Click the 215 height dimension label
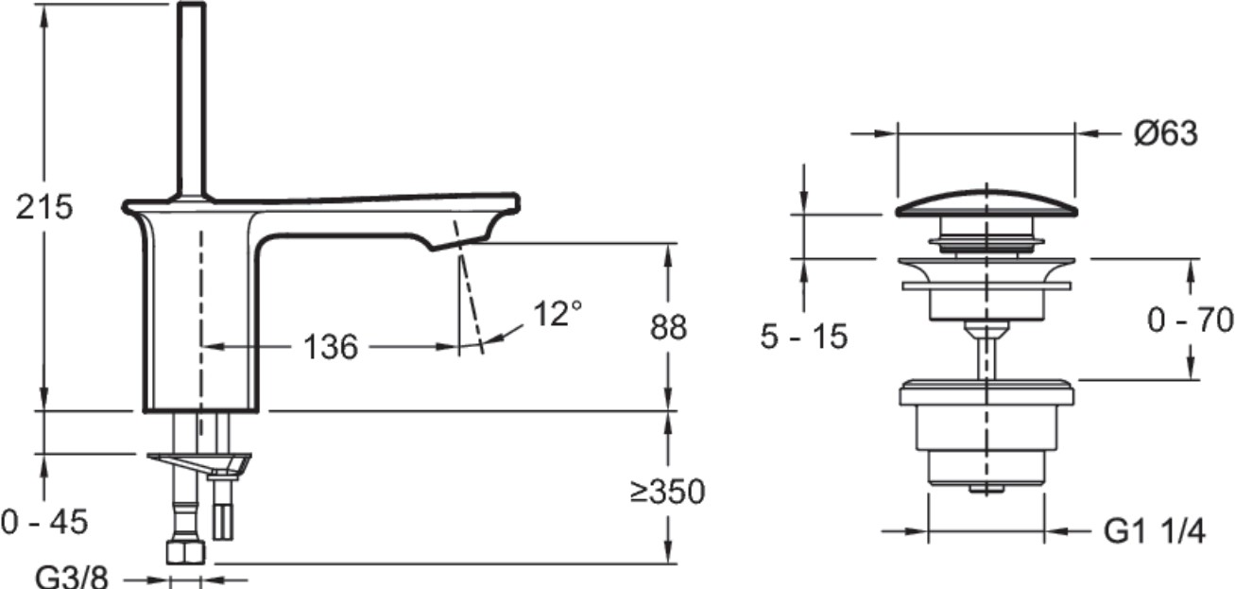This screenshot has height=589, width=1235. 44,207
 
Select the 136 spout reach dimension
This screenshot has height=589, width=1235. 331,347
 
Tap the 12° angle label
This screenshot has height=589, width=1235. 557,313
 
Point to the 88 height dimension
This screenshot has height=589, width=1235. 668,327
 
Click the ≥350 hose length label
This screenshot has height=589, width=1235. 668,492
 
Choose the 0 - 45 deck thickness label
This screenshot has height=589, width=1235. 44,522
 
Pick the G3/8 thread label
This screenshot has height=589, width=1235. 72,578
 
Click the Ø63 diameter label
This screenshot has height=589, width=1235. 1166,133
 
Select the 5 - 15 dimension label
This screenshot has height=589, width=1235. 804,337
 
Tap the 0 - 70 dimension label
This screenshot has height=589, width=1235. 1191,320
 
